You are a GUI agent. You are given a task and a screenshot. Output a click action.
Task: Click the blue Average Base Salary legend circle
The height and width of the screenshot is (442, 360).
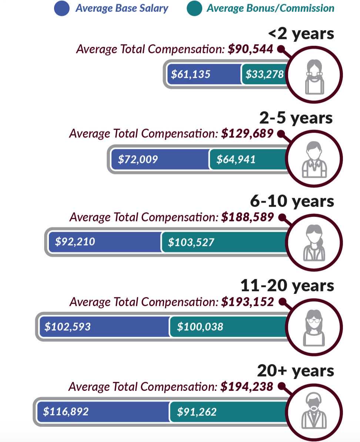[x=62, y=9]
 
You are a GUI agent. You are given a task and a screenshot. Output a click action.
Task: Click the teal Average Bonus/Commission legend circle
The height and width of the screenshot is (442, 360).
[x=194, y=9]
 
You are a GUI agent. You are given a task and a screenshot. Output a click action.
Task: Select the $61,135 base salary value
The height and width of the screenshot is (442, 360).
[x=190, y=74]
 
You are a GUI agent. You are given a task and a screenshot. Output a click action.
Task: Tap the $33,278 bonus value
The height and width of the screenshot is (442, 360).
[x=264, y=74]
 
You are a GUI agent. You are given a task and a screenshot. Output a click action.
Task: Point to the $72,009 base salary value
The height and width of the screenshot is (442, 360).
[x=138, y=160]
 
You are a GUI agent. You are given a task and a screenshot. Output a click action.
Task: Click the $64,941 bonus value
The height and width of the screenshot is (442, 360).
[x=236, y=160]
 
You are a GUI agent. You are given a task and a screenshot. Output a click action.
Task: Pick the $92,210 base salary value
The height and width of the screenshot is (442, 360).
[x=75, y=242]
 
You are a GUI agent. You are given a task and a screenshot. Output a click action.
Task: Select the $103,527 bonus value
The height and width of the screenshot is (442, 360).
[x=191, y=243]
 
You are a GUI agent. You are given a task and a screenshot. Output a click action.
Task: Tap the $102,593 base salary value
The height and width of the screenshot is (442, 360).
[x=67, y=327]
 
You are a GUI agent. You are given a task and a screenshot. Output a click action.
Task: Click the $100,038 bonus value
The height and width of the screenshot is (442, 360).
[x=200, y=327]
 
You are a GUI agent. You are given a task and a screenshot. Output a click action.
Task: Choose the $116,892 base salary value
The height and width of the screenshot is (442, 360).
[x=66, y=412]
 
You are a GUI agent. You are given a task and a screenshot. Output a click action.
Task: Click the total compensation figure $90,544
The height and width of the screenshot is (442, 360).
[x=250, y=49]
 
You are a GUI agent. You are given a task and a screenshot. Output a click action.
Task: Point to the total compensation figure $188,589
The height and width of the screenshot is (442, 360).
[x=247, y=217]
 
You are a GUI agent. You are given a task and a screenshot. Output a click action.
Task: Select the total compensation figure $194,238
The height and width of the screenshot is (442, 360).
[x=247, y=387]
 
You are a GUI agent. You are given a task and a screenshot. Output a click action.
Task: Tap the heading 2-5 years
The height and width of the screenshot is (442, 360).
[x=296, y=118]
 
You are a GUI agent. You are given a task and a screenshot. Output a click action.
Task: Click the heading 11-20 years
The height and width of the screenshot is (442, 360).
[x=287, y=286]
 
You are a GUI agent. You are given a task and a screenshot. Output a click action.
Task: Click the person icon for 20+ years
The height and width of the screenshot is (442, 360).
[x=314, y=411]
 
